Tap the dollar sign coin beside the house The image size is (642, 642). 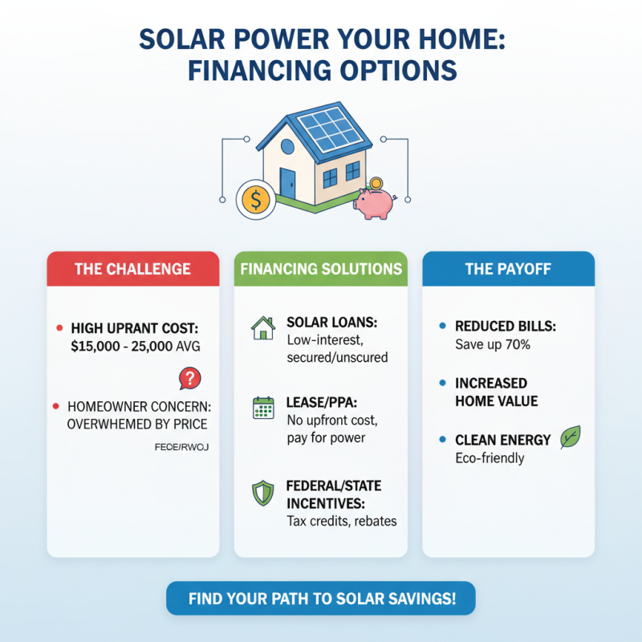pos(256,200)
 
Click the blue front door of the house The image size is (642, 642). pos(287,182)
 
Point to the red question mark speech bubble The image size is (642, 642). pos(189,377)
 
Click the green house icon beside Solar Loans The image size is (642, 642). pos(262,327)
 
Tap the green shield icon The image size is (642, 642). pos(262,493)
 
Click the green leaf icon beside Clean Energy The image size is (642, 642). pos(570,437)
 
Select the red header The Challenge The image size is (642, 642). pos(132,269)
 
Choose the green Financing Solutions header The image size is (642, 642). pos(320,269)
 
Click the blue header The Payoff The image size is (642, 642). pos(508,269)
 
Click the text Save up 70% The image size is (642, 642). pos(490,345)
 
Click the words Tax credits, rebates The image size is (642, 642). pos(341,522)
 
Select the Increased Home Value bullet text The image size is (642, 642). pos(497,392)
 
